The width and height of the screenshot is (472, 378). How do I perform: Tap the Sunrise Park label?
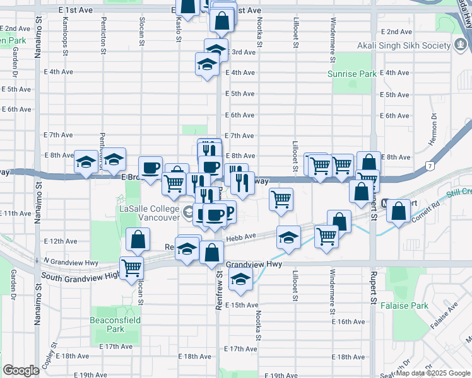(x=351, y=74)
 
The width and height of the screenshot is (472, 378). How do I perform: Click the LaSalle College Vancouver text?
(x=150, y=212)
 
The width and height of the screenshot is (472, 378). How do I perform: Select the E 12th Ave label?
(x=61, y=241)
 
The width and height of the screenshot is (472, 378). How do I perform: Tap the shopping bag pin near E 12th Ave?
(x=137, y=240)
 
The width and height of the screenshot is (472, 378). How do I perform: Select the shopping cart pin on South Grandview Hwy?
(x=131, y=268)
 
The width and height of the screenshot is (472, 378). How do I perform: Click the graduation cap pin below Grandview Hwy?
(x=240, y=281)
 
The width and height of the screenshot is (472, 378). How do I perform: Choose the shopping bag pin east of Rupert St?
(x=398, y=211)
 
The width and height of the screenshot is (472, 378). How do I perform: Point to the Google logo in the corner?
(x=20, y=370)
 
